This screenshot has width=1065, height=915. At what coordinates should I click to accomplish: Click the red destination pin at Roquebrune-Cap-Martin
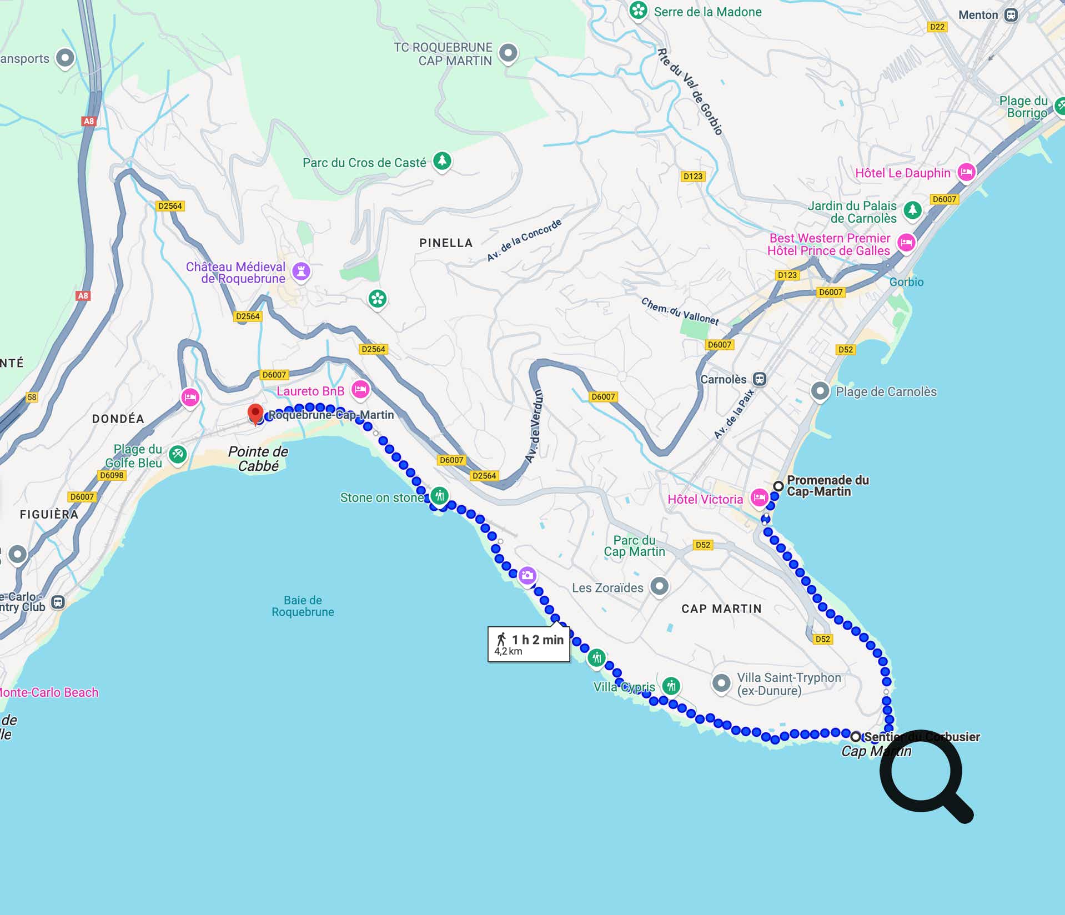point(255,413)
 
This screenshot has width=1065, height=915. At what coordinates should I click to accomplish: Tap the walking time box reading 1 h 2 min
point(529,644)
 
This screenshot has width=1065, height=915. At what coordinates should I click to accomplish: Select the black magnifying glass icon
point(924,774)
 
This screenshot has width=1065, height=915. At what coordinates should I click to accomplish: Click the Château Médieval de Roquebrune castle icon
point(301,272)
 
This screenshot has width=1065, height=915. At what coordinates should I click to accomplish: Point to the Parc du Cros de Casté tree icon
point(442,161)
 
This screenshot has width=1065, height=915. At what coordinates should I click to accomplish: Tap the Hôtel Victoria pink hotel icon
point(758,497)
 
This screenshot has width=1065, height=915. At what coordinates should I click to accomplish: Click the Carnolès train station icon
point(760,379)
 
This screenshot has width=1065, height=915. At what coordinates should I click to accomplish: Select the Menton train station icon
point(1011,15)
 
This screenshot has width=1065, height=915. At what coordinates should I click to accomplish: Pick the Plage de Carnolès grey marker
point(820,391)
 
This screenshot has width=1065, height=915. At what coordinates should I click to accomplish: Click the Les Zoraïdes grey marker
point(659,586)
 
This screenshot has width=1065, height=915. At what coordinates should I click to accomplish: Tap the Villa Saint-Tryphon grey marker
point(721,683)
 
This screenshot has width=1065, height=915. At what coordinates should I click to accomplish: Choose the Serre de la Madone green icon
point(639,10)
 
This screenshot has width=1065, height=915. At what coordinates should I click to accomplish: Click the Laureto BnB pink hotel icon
point(360,389)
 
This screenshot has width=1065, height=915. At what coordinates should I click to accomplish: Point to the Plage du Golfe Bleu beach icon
point(178,454)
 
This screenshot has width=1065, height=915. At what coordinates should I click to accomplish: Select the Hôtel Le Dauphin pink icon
point(966,172)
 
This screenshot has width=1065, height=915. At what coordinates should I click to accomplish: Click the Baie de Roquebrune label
point(303,606)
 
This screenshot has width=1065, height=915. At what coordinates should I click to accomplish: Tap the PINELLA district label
point(446,243)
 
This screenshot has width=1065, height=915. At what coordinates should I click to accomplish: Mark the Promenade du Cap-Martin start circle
point(778,486)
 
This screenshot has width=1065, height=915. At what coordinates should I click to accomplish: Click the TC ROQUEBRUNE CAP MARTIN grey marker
point(508,53)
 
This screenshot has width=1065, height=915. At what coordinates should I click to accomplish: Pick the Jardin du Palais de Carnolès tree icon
point(912,210)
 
